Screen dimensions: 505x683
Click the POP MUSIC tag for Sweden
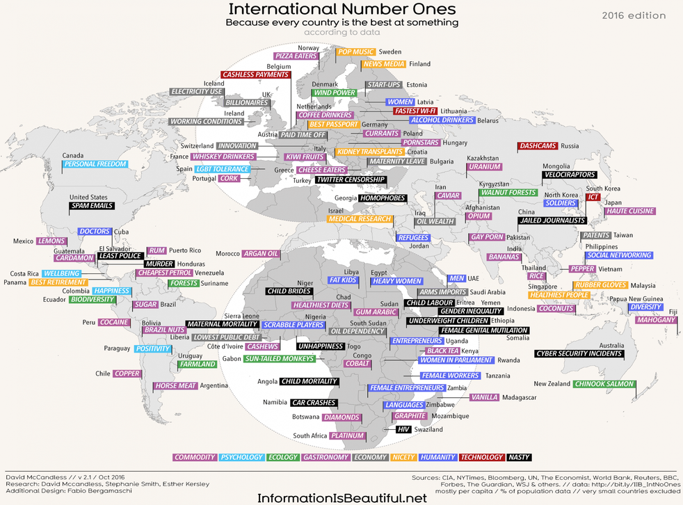point(355,52)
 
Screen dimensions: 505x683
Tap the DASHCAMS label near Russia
point(537,146)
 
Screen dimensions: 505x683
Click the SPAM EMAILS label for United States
point(92,206)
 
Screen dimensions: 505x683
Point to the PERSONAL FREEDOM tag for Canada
point(95,165)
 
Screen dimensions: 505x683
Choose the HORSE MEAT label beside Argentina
point(176,385)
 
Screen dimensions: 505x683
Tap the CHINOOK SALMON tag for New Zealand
point(604,384)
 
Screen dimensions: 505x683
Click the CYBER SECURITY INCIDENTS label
point(578,354)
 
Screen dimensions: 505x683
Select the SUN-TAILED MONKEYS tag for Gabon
point(279,359)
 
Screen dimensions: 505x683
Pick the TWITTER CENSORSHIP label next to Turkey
point(351,180)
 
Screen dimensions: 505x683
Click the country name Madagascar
point(520,397)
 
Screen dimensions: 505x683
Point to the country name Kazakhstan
point(483,159)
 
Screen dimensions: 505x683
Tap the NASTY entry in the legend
point(519,457)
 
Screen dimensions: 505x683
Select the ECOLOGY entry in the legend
point(283,457)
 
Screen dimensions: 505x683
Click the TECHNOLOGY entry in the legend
point(481,457)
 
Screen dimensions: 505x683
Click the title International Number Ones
point(341,9)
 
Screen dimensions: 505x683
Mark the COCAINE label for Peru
point(113,322)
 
